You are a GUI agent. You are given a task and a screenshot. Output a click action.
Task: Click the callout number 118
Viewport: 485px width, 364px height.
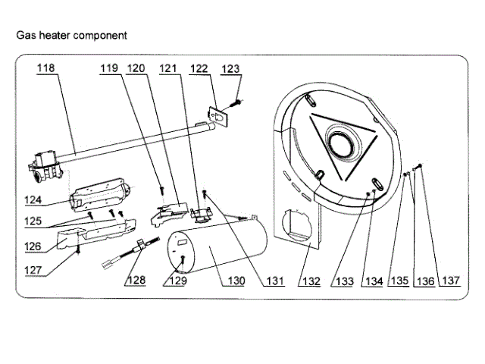pyautogui.click(x=46, y=68)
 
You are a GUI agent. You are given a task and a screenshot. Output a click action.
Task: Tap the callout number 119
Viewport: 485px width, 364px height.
pyautogui.click(x=110, y=68)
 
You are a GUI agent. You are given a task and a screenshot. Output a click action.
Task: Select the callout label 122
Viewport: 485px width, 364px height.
pyautogui.click(x=198, y=68)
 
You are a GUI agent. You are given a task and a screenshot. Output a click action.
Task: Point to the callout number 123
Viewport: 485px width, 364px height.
pyautogui.click(x=230, y=69)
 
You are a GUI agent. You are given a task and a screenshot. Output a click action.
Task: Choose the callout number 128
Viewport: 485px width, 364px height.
pyautogui.click(x=136, y=281)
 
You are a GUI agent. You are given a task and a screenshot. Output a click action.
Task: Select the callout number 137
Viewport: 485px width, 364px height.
pyautogui.click(x=452, y=281)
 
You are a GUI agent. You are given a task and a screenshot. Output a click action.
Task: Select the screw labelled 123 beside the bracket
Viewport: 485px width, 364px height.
pyautogui.click(x=236, y=99)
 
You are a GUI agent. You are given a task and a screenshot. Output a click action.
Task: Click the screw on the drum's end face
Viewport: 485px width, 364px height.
pyautogui.click(x=183, y=259)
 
